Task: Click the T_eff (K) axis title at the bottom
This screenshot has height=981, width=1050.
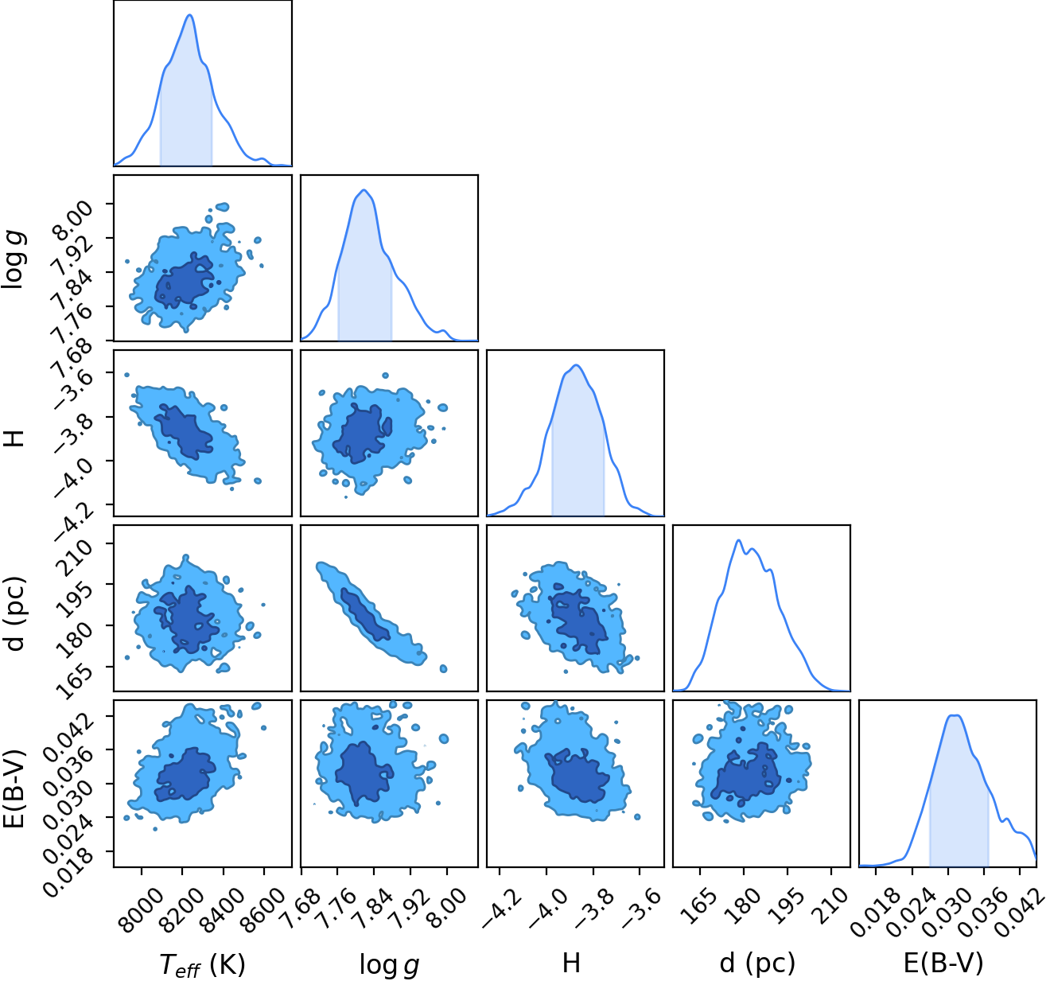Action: tap(203, 964)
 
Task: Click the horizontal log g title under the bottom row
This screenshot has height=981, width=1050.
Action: tap(389, 965)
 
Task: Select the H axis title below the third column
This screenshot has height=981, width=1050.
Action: tap(571, 963)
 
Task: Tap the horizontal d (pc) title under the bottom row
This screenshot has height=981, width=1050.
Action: tap(757, 963)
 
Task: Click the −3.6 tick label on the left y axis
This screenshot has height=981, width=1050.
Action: tap(75, 391)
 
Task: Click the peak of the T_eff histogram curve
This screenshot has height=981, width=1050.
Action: tap(190, 15)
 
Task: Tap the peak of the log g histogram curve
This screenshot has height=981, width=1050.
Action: tap(364, 190)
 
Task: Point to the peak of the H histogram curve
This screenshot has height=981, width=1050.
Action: tap(576, 365)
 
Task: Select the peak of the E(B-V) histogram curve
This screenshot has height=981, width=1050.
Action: tap(955, 715)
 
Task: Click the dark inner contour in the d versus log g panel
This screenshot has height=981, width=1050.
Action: tap(365, 614)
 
